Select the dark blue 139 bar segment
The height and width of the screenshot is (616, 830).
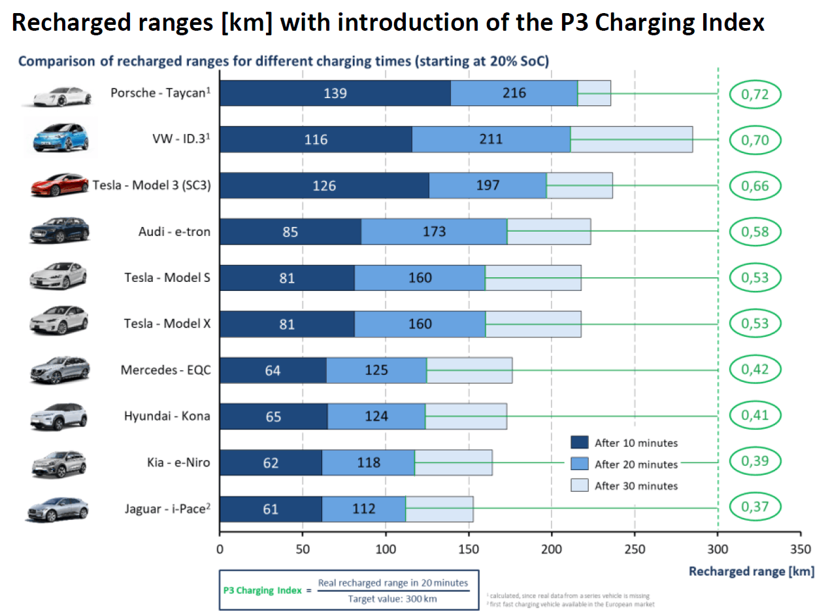(x=335, y=94)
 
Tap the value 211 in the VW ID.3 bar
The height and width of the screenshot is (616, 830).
(x=491, y=139)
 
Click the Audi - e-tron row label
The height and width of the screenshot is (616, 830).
(x=174, y=231)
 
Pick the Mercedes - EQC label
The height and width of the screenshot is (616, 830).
(x=165, y=370)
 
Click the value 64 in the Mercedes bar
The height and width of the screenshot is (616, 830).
(x=273, y=371)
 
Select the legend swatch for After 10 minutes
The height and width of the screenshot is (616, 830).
(x=580, y=443)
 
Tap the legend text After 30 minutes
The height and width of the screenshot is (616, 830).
(x=636, y=486)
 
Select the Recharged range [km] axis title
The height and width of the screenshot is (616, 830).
(x=752, y=572)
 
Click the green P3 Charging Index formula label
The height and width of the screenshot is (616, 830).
(x=262, y=590)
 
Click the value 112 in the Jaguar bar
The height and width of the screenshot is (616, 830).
(x=363, y=509)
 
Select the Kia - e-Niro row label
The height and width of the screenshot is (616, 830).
(x=178, y=462)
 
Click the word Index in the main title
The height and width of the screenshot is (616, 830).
(x=733, y=24)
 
